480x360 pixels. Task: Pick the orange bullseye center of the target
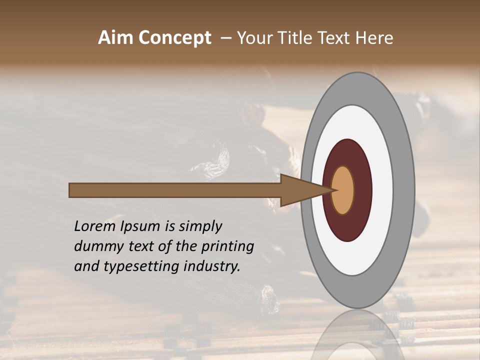(343, 190)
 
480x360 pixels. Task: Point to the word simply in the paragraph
(200, 226)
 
